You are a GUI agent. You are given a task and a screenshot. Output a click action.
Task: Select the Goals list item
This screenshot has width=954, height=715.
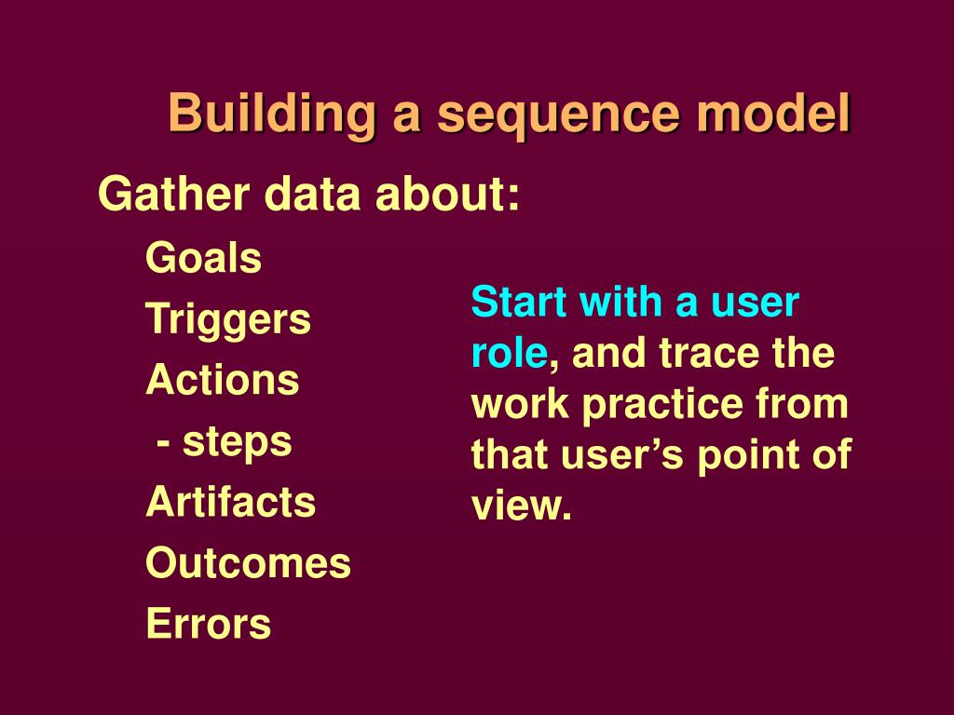[x=203, y=259]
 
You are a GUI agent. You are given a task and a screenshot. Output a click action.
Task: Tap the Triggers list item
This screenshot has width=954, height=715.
[x=228, y=320]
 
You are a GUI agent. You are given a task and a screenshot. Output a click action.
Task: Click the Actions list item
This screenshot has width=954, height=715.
[x=223, y=380]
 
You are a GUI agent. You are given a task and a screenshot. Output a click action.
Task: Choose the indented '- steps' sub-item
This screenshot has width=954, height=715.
[x=225, y=441]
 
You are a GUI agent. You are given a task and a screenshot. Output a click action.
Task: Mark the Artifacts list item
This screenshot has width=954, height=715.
[x=231, y=502]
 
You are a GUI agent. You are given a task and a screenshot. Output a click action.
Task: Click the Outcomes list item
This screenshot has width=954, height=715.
[x=248, y=563]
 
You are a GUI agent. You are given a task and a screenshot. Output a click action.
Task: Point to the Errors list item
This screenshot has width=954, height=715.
[x=208, y=624]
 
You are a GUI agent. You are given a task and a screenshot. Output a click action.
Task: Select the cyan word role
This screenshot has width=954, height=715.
[x=509, y=354]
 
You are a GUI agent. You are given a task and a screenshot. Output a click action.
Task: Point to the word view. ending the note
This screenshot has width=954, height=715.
[x=521, y=507]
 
